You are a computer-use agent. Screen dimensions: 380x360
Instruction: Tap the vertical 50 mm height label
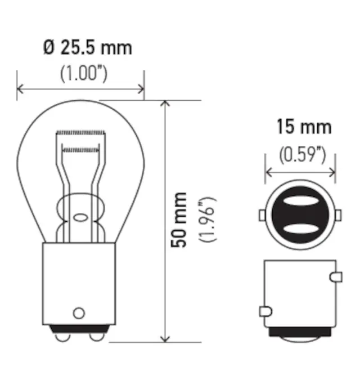tap(180, 220)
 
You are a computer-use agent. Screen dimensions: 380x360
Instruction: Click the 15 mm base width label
tap(303, 127)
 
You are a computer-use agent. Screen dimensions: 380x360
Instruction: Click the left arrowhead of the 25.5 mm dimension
tap(20, 88)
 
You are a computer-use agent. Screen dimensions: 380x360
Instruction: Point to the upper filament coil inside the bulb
tap(82, 132)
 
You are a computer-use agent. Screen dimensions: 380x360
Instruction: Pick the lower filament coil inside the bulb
tap(82, 150)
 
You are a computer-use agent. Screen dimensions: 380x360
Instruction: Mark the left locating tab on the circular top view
tap(262, 215)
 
